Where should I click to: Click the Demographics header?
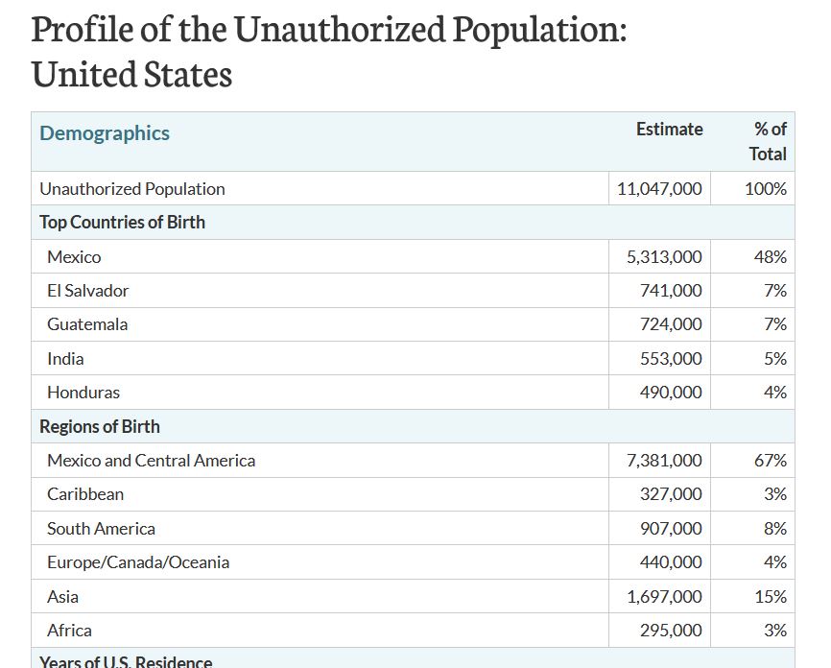point(105,133)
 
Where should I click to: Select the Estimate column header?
point(670,129)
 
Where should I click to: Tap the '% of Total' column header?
point(768,141)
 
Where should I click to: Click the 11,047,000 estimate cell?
point(659,189)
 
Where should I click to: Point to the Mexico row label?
point(74,257)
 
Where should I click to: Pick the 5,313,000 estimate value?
point(664,257)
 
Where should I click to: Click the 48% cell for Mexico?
point(771,257)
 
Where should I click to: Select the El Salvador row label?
point(88,291)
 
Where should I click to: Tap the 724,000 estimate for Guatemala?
point(671,324)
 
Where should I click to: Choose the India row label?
point(65,359)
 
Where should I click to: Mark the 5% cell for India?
point(775,359)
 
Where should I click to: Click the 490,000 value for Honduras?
point(671,393)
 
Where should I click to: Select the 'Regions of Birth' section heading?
point(100,427)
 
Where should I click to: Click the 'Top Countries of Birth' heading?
point(123,222)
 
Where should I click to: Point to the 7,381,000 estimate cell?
point(664,460)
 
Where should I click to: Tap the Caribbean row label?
point(85,494)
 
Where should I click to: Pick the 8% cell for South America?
point(775,529)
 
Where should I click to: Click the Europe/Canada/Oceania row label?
point(138,562)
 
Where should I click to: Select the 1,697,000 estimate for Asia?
point(665,597)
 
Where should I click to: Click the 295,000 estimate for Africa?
point(671,631)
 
